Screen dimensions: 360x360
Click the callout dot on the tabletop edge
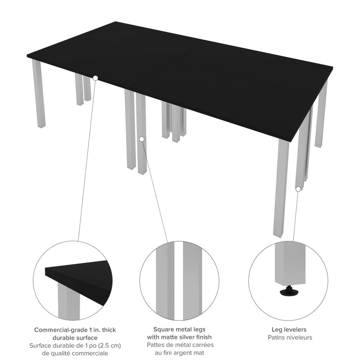(95, 78)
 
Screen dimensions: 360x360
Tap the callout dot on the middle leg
(142, 139)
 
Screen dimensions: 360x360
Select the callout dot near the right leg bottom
(297, 189)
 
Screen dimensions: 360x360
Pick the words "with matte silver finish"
(180, 337)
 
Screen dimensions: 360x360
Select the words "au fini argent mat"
(180, 353)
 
